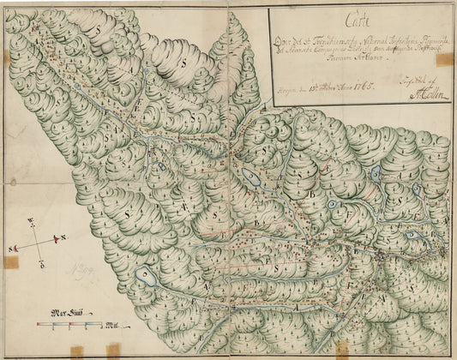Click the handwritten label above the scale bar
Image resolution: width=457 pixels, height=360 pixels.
tap(66, 312)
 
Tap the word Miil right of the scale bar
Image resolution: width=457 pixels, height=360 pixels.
tap(111, 326)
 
